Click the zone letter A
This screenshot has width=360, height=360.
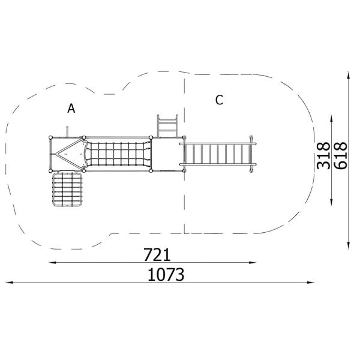(71, 109)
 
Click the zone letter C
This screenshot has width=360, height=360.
(219, 100)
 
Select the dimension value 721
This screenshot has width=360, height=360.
(157, 254)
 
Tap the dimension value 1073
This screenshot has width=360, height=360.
(166, 275)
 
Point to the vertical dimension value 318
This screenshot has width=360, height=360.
(323, 155)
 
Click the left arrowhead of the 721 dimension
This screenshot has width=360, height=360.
(52, 262)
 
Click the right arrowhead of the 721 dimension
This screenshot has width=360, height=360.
(253, 262)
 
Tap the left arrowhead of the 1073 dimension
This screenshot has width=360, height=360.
(9, 283)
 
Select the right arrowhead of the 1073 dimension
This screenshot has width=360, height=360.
(311, 283)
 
